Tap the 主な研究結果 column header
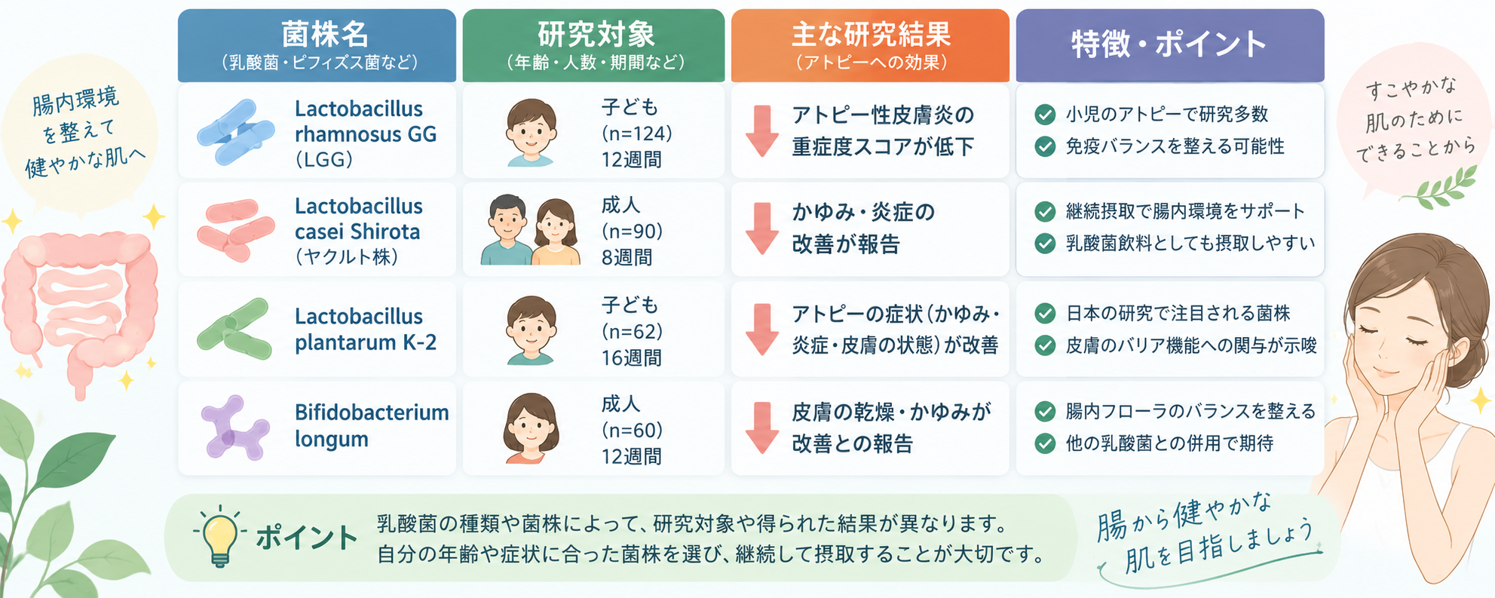click(x=870, y=45)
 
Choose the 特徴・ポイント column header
click(x=1170, y=45)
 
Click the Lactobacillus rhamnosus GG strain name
click(x=366, y=134)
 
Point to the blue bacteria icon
click(x=235, y=132)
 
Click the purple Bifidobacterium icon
click(x=235, y=428)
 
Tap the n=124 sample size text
click(x=636, y=133)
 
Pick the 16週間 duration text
click(x=631, y=357)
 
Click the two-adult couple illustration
click(x=531, y=229)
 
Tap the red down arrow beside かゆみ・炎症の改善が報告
click(x=762, y=228)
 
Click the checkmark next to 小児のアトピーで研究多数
click(x=1045, y=115)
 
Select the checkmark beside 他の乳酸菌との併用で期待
click(x=1045, y=443)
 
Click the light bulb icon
click(x=219, y=536)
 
